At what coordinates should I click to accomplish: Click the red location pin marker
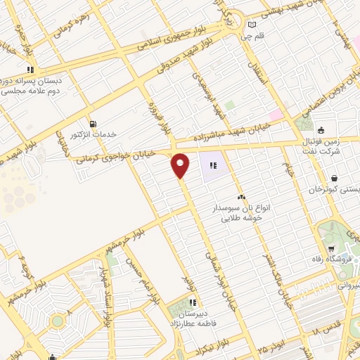(181, 165)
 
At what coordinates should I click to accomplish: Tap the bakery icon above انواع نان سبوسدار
(241, 197)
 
